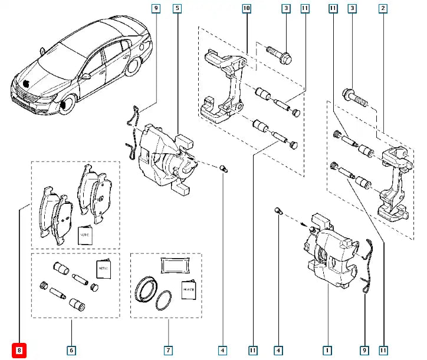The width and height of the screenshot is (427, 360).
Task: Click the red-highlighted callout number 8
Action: (x=19, y=351)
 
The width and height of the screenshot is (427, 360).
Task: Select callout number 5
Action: (x=177, y=8)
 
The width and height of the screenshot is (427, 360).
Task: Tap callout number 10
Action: (x=246, y=8)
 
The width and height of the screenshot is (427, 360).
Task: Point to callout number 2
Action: (x=383, y=8)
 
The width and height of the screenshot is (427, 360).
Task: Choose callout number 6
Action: (x=71, y=351)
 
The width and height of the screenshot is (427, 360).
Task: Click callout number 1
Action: (x=326, y=351)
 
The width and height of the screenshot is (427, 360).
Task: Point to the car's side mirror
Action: (x=86, y=75)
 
